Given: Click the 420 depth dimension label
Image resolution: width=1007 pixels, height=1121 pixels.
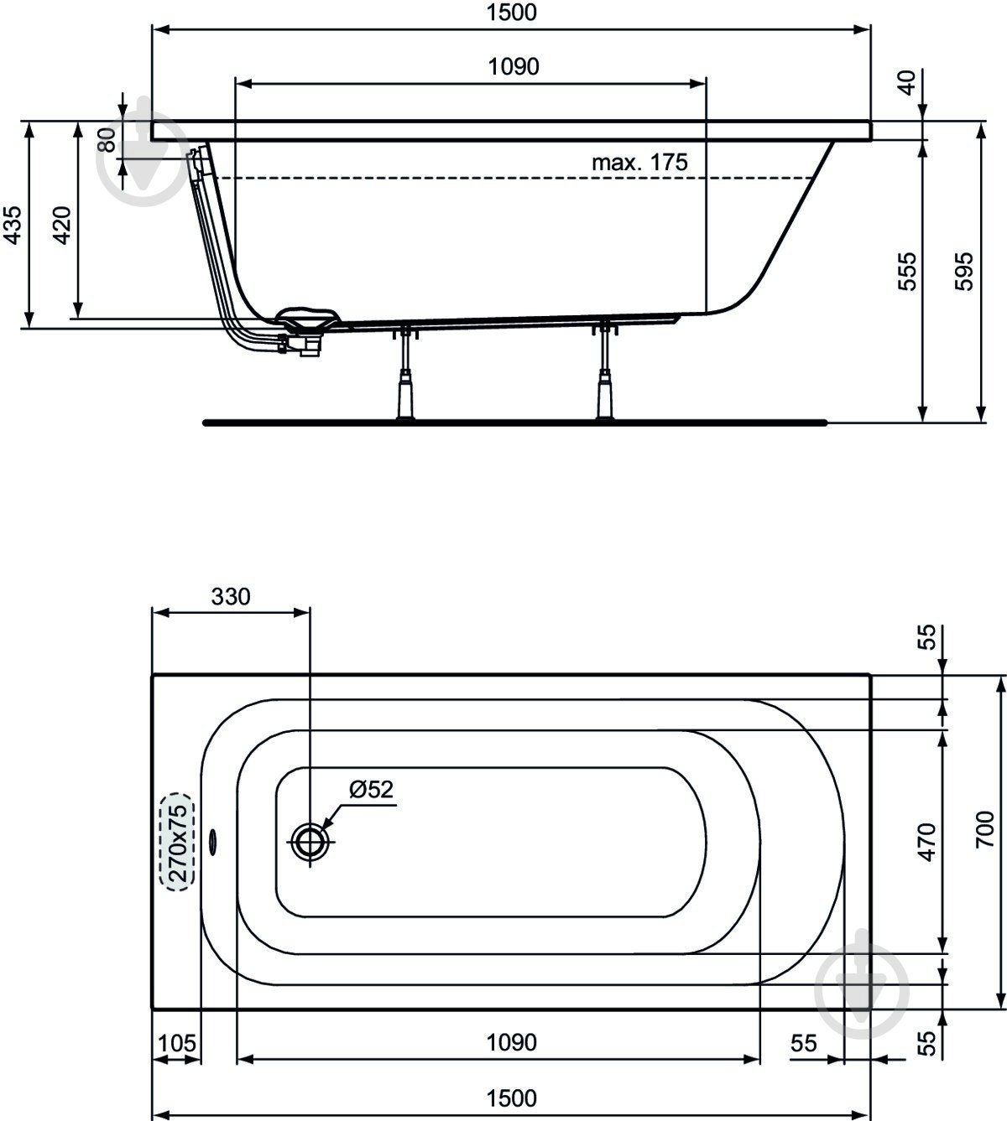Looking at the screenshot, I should coord(62,225).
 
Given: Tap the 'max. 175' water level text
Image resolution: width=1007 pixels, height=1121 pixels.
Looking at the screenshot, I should coord(639,163).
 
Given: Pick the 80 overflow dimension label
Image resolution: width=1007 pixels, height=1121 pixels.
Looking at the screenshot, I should coord(107,139).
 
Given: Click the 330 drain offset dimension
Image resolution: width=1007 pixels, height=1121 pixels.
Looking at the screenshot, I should coord(230,597).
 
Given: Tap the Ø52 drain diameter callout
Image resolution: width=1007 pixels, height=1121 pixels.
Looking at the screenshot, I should coord(371,789).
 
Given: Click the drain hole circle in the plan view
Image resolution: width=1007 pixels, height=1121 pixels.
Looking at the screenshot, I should coord(310,841).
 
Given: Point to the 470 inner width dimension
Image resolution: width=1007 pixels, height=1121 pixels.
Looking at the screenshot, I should coord(926,842).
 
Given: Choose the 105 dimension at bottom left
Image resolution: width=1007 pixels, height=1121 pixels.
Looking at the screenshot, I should coord(176,1044).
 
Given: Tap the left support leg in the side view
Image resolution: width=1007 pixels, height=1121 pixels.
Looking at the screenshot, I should coord(407,377).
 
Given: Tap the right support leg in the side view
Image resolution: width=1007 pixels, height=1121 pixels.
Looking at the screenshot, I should coord(603,377).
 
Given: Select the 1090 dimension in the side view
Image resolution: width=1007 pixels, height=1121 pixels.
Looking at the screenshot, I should coord(514,67).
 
